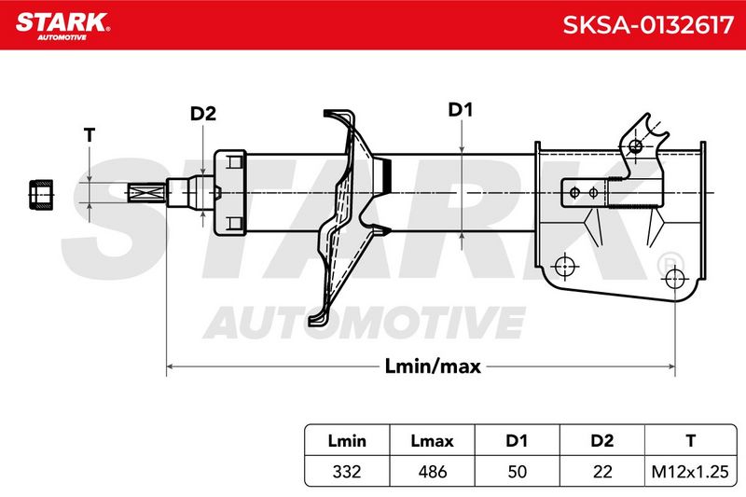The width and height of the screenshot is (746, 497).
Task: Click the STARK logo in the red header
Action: [x=62, y=25]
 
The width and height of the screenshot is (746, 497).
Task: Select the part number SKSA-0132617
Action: [x=648, y=25]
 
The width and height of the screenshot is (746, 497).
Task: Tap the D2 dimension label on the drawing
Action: [x=203, y=114]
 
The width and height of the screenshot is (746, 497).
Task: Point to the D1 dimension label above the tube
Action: [x=460, y=110]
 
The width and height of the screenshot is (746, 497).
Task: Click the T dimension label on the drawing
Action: [x=90, y=135]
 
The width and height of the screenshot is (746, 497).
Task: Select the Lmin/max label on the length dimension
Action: [x=433, y=366]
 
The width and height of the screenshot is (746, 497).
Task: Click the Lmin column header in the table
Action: [x=347, y=441]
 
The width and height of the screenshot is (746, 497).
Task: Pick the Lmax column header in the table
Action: [x=432, y=441]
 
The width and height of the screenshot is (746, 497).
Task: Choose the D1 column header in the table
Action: [x=517, y=441]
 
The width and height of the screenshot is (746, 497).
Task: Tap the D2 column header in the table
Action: [x=601, y=441]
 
